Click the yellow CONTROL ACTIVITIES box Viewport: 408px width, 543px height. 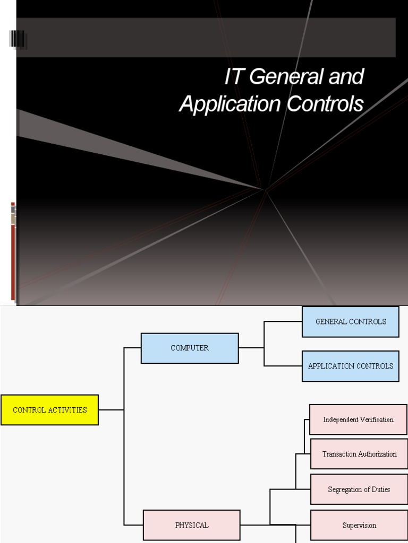pyautogui.click(x=49, y=410)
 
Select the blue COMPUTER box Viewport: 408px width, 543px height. pyautogui.click(x=190, y=348)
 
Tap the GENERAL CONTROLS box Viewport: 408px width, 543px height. pyautogui.click(x=351, y=321)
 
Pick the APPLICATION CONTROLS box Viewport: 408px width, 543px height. pyautogui.click(x=351, y=366)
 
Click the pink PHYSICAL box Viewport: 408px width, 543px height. pyautogui.click(x=192, y=526)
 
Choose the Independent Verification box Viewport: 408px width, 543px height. pyautogui.click(x=359, y=419)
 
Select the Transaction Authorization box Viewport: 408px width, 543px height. pyautogui.click(x=359, y=454)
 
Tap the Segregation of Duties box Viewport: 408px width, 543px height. pyautogui.click(x=359, y=489)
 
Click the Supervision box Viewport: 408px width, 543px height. pyautogui.click(x=359, y=526)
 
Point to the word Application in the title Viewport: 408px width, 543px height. pyautogui.click(x=231, y=104)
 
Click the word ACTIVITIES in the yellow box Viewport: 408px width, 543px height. pyautogui.click(x=66, y=410)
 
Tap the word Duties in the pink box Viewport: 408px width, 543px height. pyautogui.click(x=379, y=489)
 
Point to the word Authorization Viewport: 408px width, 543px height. pyautogui.click(x=376, y=454)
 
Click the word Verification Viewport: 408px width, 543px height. pyautogui.click(x=376, y=419)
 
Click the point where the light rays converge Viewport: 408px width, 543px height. pyautogui.click(x=265, y=189)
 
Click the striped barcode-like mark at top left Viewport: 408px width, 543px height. pyautogui.click(x=18, y=40)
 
